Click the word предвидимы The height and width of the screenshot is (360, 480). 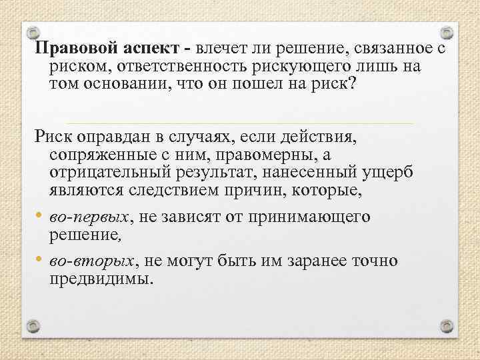pos(100,277)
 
